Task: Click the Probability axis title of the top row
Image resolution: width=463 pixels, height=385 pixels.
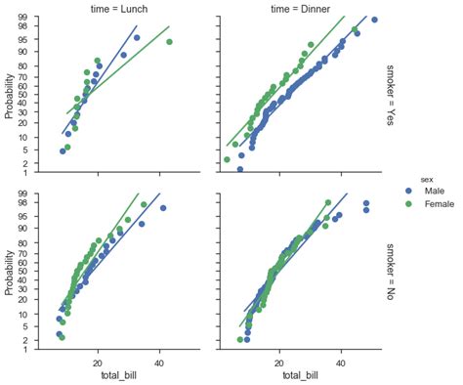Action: point(10,93)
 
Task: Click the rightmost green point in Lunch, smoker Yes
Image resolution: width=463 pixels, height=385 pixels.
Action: point(169,42)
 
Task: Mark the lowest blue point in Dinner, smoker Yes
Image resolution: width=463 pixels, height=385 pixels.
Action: point(240,169)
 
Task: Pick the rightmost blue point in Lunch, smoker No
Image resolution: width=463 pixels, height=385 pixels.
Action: point(163,208)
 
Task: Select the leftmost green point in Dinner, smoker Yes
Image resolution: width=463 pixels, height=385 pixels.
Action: point(227,159)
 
